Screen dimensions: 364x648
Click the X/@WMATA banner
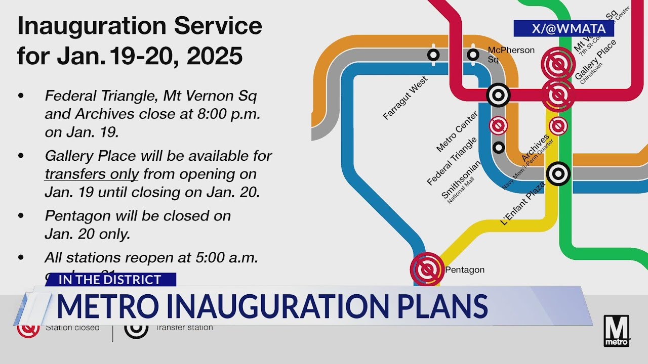563,28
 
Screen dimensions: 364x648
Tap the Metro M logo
617,331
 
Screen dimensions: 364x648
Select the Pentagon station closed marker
427,269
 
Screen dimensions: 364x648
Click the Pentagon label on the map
465,270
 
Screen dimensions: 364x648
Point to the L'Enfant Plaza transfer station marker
558,173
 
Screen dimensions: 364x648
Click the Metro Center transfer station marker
498,95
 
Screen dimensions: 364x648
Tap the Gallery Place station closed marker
558,95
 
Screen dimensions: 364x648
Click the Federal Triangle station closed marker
498,125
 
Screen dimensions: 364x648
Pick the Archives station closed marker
558,126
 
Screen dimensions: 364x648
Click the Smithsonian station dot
499,147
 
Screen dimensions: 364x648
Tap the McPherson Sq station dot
473,55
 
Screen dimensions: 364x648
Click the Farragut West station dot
433,55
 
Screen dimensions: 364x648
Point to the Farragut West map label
405,98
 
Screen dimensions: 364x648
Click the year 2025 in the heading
215,57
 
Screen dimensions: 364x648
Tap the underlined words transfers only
92,174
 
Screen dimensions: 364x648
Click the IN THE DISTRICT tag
110,280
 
